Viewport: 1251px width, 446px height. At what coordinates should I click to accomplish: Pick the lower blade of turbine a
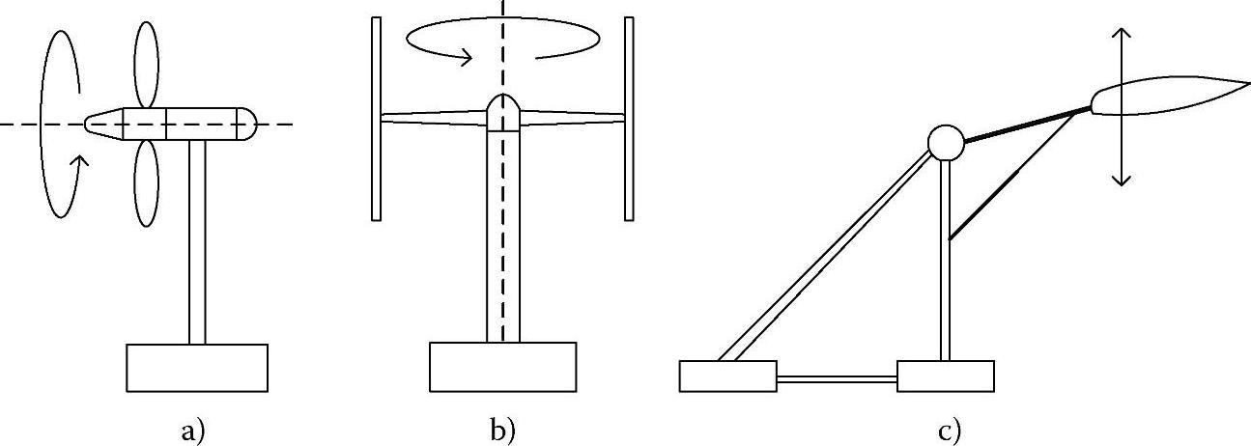coord(146,183)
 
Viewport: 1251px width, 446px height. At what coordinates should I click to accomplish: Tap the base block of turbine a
coord(197,367)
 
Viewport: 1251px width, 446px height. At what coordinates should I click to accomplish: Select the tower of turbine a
coord(197,241)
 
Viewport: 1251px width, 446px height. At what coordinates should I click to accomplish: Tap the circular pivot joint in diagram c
coord(946,144)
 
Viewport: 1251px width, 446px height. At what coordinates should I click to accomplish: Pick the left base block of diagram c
coord(727,376)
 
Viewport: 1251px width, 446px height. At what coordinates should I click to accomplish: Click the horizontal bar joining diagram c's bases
coord(837,380)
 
